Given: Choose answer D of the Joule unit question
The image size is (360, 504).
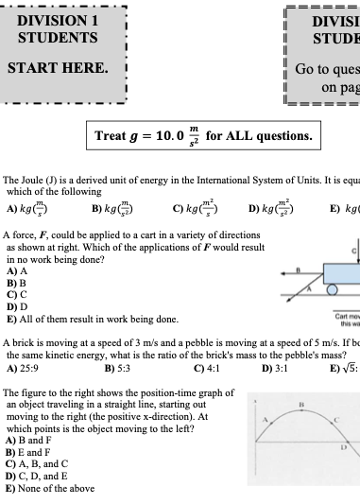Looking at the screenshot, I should pos(268,210).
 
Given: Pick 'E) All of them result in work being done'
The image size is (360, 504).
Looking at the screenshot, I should pos(92,319).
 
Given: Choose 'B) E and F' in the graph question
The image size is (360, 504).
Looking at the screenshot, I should pos(28,452).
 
